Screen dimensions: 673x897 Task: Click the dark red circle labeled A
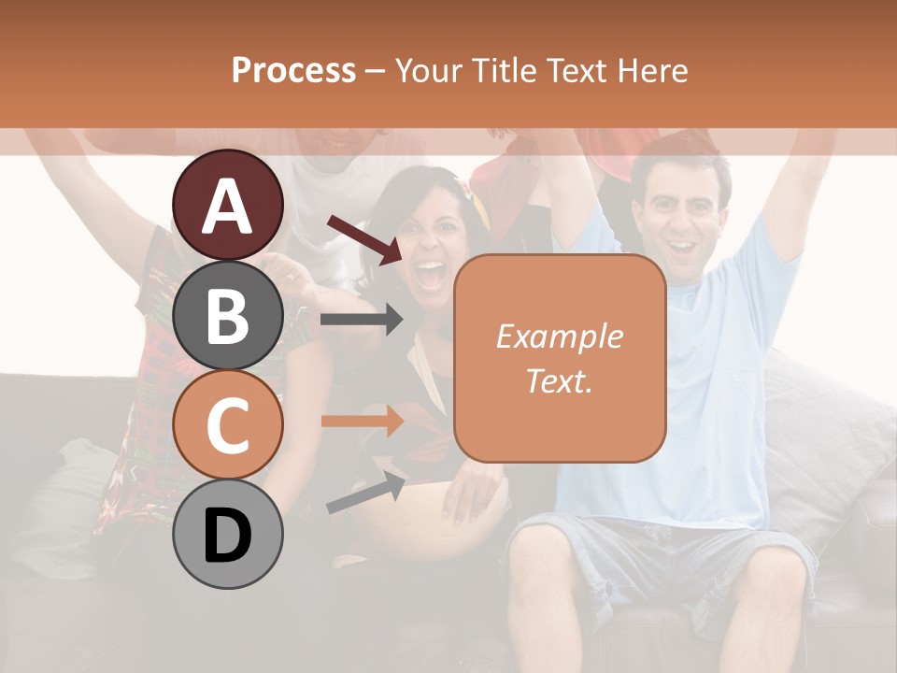(228, 206)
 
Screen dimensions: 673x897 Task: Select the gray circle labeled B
(228, 315)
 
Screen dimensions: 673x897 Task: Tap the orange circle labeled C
(228, 425)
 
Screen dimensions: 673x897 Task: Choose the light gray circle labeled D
(228, 535)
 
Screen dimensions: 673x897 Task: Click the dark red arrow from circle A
(363, 239)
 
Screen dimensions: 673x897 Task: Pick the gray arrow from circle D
(365, 494)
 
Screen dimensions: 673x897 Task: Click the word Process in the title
(293, 70)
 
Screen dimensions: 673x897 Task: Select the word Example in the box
(559, 336)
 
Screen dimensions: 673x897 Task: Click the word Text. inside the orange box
(559, 380)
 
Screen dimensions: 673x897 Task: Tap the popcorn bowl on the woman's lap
(420, 523)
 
